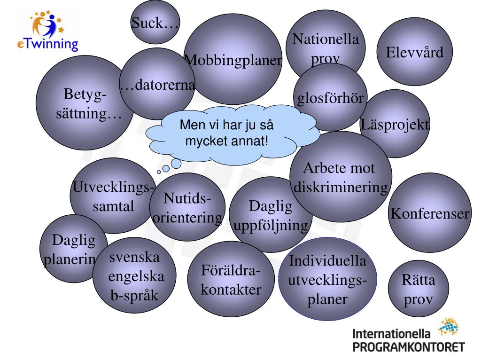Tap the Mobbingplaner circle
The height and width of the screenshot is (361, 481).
click(x=233, y=60)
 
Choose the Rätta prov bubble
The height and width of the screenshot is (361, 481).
click(x=419, y=291)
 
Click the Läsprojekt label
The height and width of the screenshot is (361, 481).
click(x=396, y=125)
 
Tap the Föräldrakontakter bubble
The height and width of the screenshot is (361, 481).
click(x=231, y=281)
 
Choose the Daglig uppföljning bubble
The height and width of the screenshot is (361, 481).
click(x=271, y=215)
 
